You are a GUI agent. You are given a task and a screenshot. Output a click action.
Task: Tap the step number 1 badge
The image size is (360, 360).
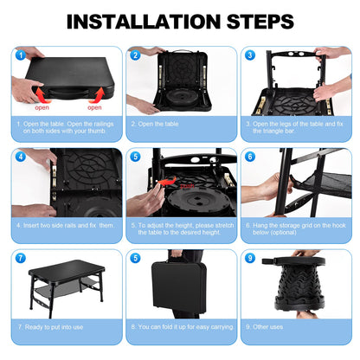tap(19, 55)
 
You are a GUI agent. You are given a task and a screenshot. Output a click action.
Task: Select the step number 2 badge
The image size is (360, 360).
tap(134, 55)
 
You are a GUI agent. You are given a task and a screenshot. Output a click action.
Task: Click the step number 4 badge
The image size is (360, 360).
tap(19, 157)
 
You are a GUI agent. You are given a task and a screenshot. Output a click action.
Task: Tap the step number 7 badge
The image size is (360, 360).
tap(19, 259)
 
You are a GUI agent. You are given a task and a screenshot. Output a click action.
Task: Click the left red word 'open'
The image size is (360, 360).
tap(42, 108)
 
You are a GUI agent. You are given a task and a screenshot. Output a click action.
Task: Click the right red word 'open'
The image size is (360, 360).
tap(94, 108)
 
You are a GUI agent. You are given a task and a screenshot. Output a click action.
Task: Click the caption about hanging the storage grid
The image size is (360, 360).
tap(294, 229)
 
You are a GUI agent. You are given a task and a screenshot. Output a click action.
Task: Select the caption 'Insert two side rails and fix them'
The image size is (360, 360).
tap(65, 226)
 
